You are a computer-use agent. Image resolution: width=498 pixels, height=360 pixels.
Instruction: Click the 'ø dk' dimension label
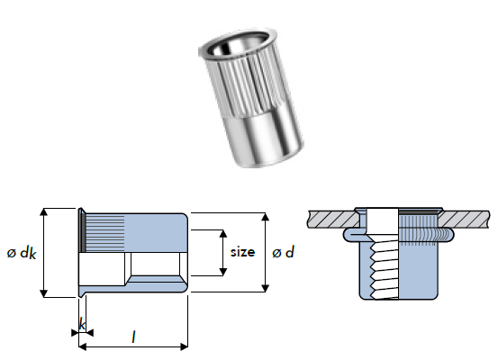[22, 253]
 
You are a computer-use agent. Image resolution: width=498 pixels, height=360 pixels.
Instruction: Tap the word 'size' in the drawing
[242, 252]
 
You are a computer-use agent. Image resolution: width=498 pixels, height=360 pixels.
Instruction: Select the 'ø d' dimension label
[284, 252]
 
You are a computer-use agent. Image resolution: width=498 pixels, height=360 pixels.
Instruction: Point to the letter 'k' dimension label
[82, 324]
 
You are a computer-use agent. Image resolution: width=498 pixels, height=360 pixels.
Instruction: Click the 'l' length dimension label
[133, 337]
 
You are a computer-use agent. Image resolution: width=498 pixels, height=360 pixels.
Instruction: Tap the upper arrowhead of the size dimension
[223, 234]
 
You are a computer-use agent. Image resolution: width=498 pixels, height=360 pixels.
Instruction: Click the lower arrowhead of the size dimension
[223, 272]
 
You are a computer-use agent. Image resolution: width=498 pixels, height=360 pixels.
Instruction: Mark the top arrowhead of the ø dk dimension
[44, 212]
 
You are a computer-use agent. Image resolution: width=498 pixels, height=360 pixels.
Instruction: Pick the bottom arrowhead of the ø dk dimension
[44, 293]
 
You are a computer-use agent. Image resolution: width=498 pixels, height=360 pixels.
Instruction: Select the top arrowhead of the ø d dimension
[266, 217]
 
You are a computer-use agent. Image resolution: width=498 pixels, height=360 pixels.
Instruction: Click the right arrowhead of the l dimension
[184, 346]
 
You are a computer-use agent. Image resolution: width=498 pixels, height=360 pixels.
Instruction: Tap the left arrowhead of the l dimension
[83, 346]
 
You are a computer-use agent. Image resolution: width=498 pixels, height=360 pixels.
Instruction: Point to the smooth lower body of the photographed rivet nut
[265, 139]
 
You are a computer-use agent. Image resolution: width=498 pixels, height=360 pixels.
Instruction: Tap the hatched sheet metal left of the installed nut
[333, 219]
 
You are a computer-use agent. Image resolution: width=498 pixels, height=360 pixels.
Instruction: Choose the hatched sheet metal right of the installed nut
[465, 219]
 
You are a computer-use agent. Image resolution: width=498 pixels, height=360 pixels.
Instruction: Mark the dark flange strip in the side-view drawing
[83, 231]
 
